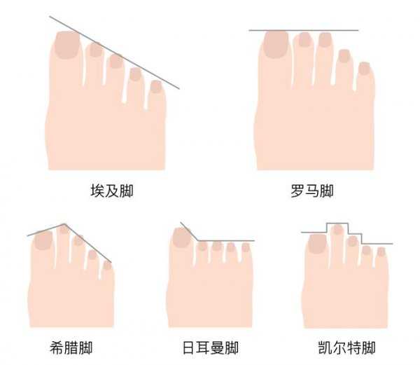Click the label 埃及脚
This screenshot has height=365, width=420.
112,191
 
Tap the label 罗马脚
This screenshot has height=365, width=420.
311,191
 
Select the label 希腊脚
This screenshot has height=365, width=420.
72,347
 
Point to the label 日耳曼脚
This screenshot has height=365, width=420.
210,347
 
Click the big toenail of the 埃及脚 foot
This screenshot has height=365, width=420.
66,44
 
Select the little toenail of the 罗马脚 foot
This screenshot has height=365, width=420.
363,68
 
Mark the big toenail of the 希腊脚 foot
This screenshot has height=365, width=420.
43,240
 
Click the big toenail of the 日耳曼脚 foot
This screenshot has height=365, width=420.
181,238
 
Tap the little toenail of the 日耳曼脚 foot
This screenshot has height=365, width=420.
246,248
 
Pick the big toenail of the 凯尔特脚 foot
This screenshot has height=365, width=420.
318,243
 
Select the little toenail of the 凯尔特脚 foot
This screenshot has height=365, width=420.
381,251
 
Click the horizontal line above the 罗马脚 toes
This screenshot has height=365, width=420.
304,31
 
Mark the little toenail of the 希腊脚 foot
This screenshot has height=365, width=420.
107,266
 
